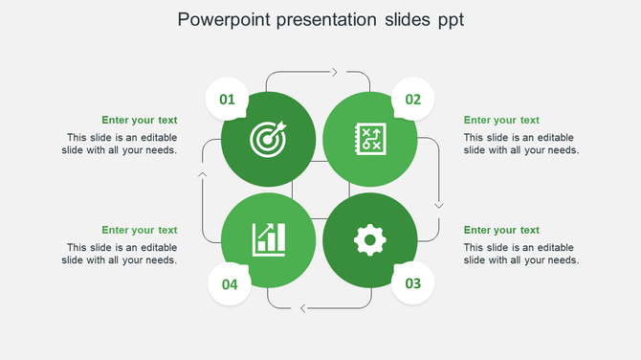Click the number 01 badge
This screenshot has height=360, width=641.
pyautogui.click(x=228, y=99)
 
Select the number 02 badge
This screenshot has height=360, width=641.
pyautogui.click(x=413, y=99)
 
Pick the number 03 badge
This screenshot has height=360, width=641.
pyautogui.click(x=413, y=283)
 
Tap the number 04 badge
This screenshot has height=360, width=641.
pyautogui.click(x=230, y=284)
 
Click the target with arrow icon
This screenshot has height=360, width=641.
pyautogui.click(x=268, y=140)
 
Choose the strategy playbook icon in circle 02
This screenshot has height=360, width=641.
pyautogui.click(x=369, y=139)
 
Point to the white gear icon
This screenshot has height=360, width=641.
pyautogui.click(x=369, y=239)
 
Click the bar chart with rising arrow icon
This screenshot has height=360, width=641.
pyautogui.click(x=268, y=239)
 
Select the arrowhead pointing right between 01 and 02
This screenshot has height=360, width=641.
pyautogui.click(x=334, y=72)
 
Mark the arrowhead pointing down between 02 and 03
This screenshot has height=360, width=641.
pyautogui.click(x=439, y=204)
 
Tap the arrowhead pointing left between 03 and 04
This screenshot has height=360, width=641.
pyautogui.click(x=303, y=308)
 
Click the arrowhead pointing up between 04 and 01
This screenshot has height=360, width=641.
pyautogui.click(x=202, y=174)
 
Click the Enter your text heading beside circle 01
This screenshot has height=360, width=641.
pyautogui.click(x=140, y=121)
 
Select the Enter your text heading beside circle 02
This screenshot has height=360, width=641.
pyautogui.click(x=501, y=121)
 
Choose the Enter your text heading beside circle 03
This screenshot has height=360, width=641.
pyautogui.click(x=501, y=231)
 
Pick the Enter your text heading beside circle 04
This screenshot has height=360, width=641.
pyautogui.click(x=140, y=231)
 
